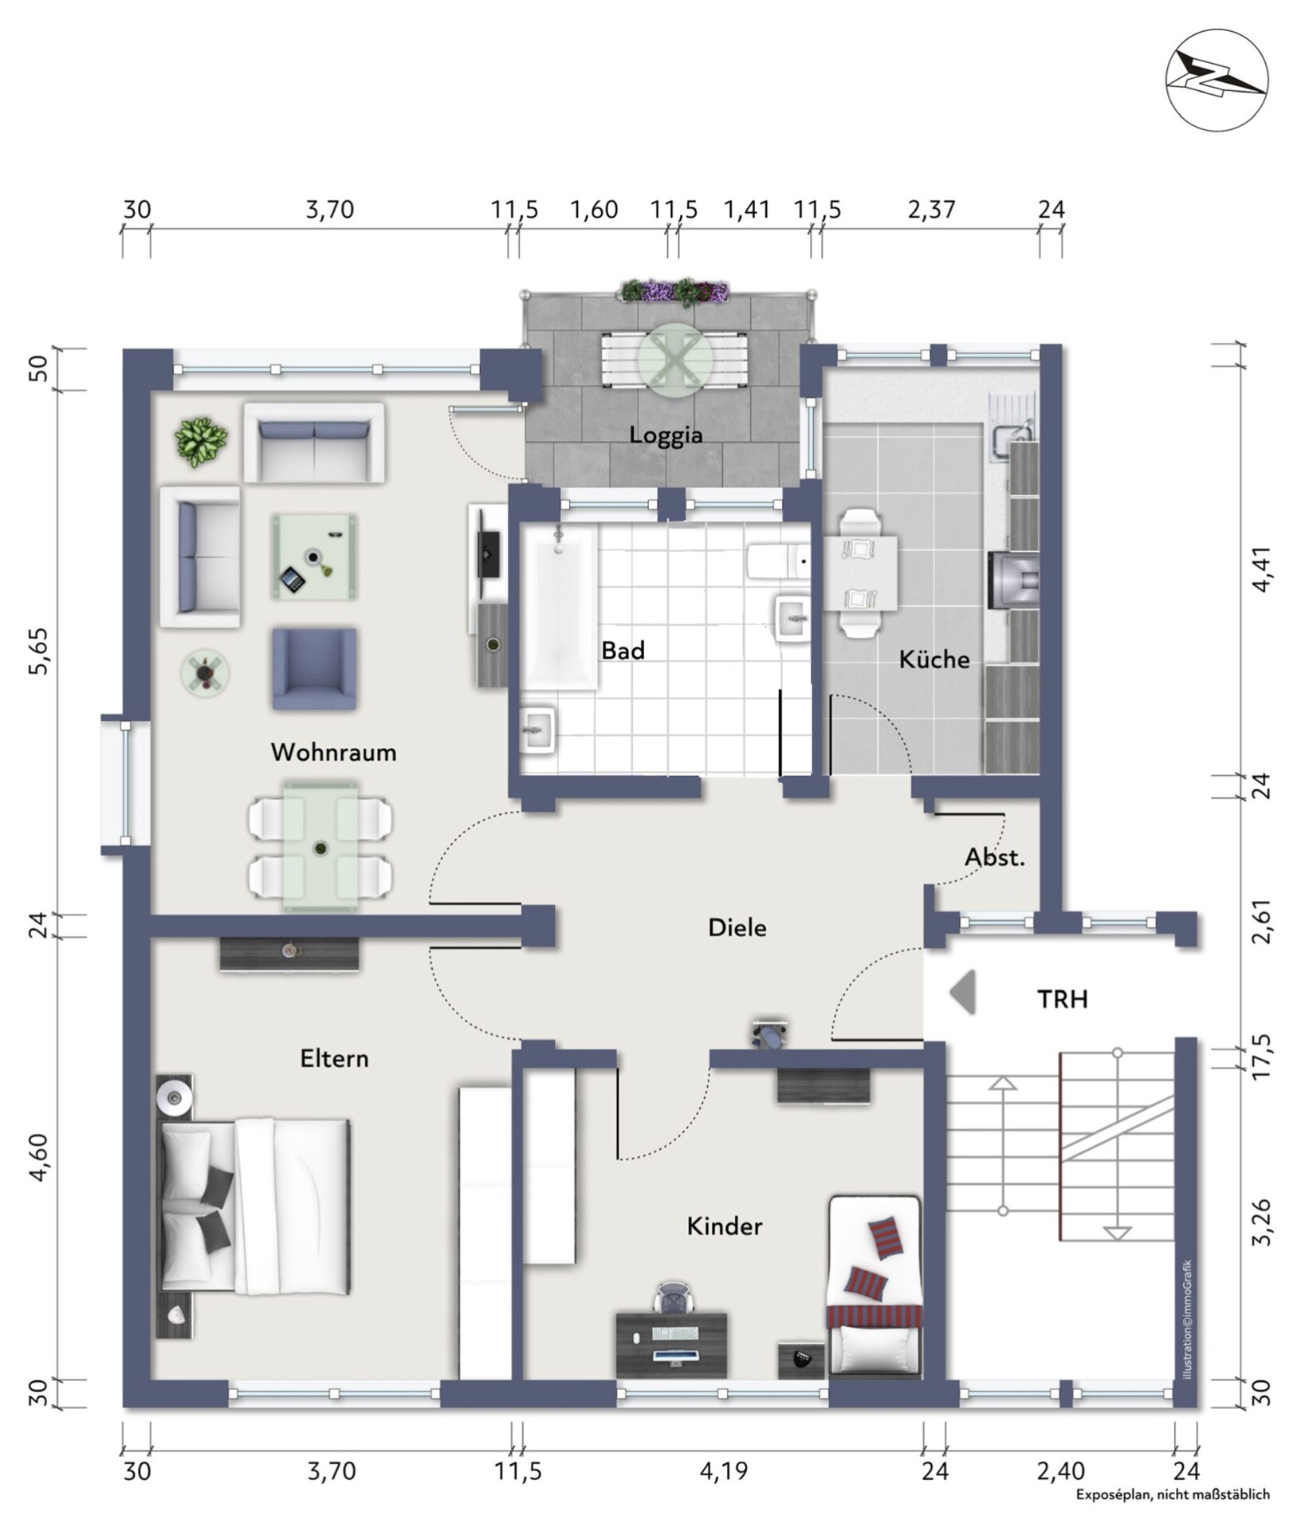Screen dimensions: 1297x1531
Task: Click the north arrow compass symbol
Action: pos(1216,81)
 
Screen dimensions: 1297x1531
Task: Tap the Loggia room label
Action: pos(666,435)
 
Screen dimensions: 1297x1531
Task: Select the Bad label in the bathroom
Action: pos(623,651)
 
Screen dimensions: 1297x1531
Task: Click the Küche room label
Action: pos(934,659)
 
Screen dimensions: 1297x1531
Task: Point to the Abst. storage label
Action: pos(995,858)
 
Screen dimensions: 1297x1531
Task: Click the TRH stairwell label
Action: pos(1063,999)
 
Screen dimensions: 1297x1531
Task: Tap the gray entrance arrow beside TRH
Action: pos(963,993)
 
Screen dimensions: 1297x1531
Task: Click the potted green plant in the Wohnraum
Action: pos(202,441)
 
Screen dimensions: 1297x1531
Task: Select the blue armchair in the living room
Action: pos(314,668)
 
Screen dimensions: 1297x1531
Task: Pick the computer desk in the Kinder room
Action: pos(671,1344)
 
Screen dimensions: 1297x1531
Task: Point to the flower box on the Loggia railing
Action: pos(675,291)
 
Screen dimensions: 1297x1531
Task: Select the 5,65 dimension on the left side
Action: pos(39,651)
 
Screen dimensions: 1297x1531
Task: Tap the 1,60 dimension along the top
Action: pos(594,210)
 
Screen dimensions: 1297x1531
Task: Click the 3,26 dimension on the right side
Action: pos(1261,1221)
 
